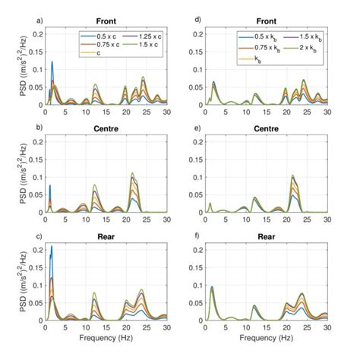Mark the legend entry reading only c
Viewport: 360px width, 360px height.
[x=85, y=53]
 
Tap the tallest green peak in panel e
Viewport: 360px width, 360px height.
[x=292, y=175]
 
